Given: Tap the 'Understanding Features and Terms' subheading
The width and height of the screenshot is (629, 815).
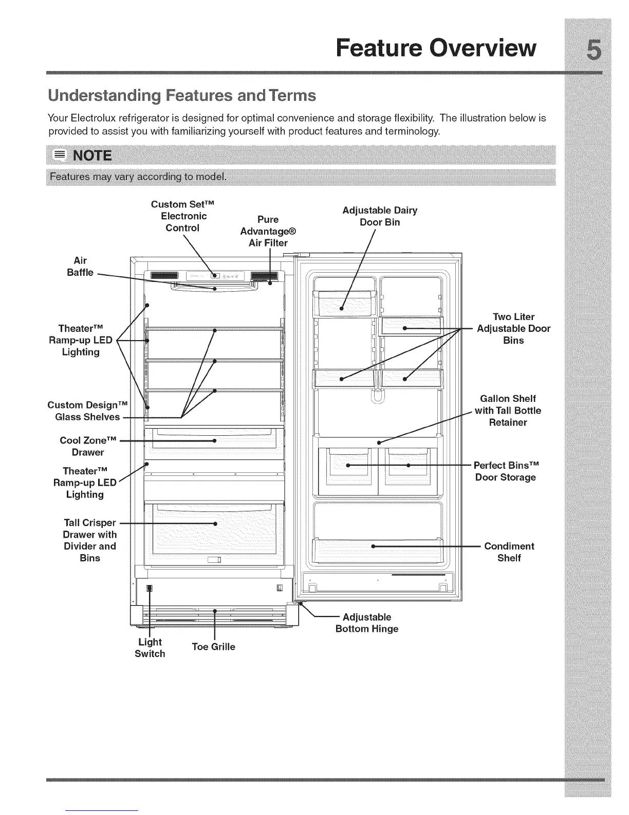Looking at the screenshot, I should pos(182,96).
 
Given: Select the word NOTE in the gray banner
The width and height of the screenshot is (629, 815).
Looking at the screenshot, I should pos(92,155).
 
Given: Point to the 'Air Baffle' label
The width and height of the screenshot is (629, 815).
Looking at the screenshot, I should pos(80,267).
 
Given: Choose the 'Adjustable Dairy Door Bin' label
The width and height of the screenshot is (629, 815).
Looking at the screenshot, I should pos(380,216).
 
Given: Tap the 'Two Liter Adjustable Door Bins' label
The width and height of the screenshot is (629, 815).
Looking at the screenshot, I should pos(513,328).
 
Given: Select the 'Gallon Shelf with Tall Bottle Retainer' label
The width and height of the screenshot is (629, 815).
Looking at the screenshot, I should pos(508,410).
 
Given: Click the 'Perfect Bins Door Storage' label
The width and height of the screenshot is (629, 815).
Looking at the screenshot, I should pos(506,471).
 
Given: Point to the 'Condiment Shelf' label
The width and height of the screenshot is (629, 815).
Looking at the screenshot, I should pos(509,552).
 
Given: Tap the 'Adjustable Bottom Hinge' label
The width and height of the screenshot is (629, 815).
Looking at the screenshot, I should pos(366,623).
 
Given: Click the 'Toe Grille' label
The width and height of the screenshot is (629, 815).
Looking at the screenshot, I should pos(213,647).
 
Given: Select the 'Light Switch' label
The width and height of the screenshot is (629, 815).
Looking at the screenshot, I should pos(150,648).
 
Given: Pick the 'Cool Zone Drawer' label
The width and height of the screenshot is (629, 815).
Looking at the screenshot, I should pos(88,446).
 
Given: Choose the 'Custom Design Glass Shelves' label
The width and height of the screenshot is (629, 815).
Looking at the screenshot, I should pos(87,411).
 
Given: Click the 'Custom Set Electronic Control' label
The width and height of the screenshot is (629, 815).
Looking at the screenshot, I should pos(182,216).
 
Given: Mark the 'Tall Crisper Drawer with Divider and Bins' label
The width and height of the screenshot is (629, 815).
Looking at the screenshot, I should pos(90,540).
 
